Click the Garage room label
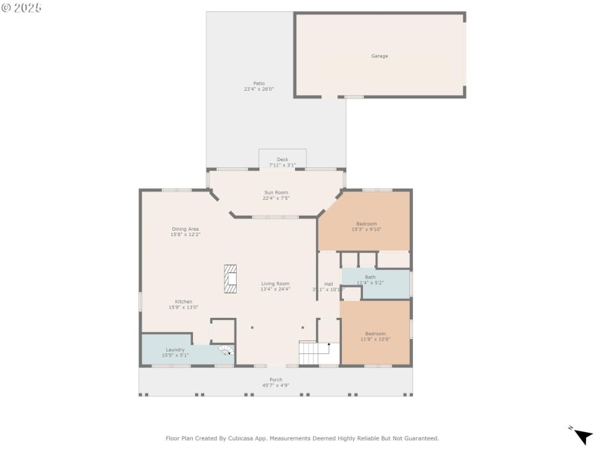379,56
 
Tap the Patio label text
259,83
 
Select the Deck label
282,160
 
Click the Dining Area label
185,229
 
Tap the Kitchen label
184,301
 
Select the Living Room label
275,284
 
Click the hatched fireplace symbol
230,278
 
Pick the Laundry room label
175,350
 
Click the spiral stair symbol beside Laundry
225,350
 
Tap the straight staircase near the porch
313,352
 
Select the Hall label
328,285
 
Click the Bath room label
370,277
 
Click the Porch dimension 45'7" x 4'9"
275,385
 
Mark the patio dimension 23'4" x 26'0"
259,89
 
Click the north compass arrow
582,436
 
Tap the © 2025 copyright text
22,8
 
